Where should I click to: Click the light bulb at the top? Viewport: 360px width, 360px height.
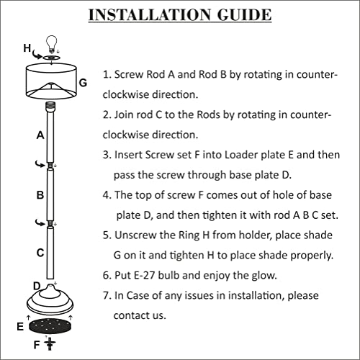[51, 44]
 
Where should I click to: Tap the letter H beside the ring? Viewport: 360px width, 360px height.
[27, 48]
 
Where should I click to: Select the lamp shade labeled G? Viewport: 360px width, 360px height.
[51, 81]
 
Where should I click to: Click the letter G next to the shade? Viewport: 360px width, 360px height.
[83, 83]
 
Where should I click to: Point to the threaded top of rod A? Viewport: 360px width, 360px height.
[50, 105]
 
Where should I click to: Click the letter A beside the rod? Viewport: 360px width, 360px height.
[40, 135]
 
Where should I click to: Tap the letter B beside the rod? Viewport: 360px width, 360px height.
[40, 195]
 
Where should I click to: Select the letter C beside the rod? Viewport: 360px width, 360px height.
[40, 253]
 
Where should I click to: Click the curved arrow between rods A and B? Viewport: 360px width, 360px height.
[40, 164]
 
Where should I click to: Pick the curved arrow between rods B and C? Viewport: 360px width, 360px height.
[40, 222]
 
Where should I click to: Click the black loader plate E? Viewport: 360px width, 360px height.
[50, 325]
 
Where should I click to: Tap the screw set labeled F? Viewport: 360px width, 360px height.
[50, 343]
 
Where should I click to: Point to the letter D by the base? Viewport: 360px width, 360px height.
[37, 286]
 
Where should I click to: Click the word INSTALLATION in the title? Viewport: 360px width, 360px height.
[150, 15]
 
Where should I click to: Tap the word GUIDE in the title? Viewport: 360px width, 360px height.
[244, 15]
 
